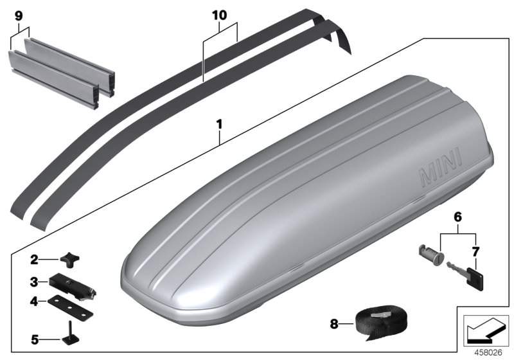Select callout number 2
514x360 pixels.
pos(34,260)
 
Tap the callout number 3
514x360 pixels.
pos(34,281)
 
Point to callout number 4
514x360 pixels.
pos(34,300)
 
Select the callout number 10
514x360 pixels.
pos(220,13)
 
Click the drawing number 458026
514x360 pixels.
pos(486,351)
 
